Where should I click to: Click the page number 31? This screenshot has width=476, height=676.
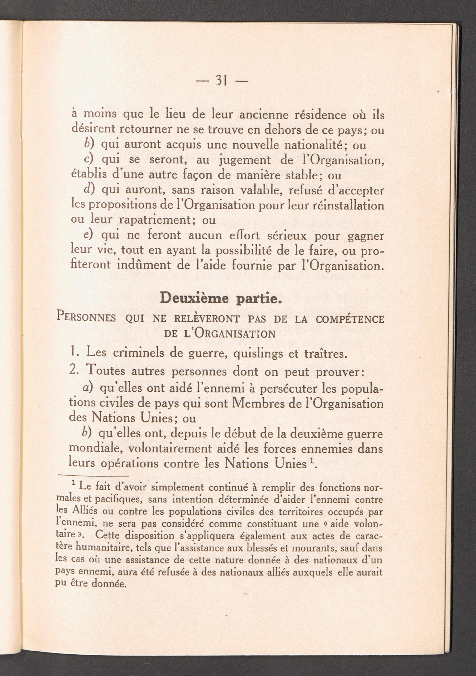(221, 80)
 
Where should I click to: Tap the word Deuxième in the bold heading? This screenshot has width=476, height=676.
(195, 298)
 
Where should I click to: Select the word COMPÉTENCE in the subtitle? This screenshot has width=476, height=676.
(350, 319)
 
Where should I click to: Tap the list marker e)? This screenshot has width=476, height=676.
(88, 235)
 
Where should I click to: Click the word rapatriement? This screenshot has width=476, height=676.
(153, 220)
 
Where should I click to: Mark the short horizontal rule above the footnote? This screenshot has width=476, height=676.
(94, 476)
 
